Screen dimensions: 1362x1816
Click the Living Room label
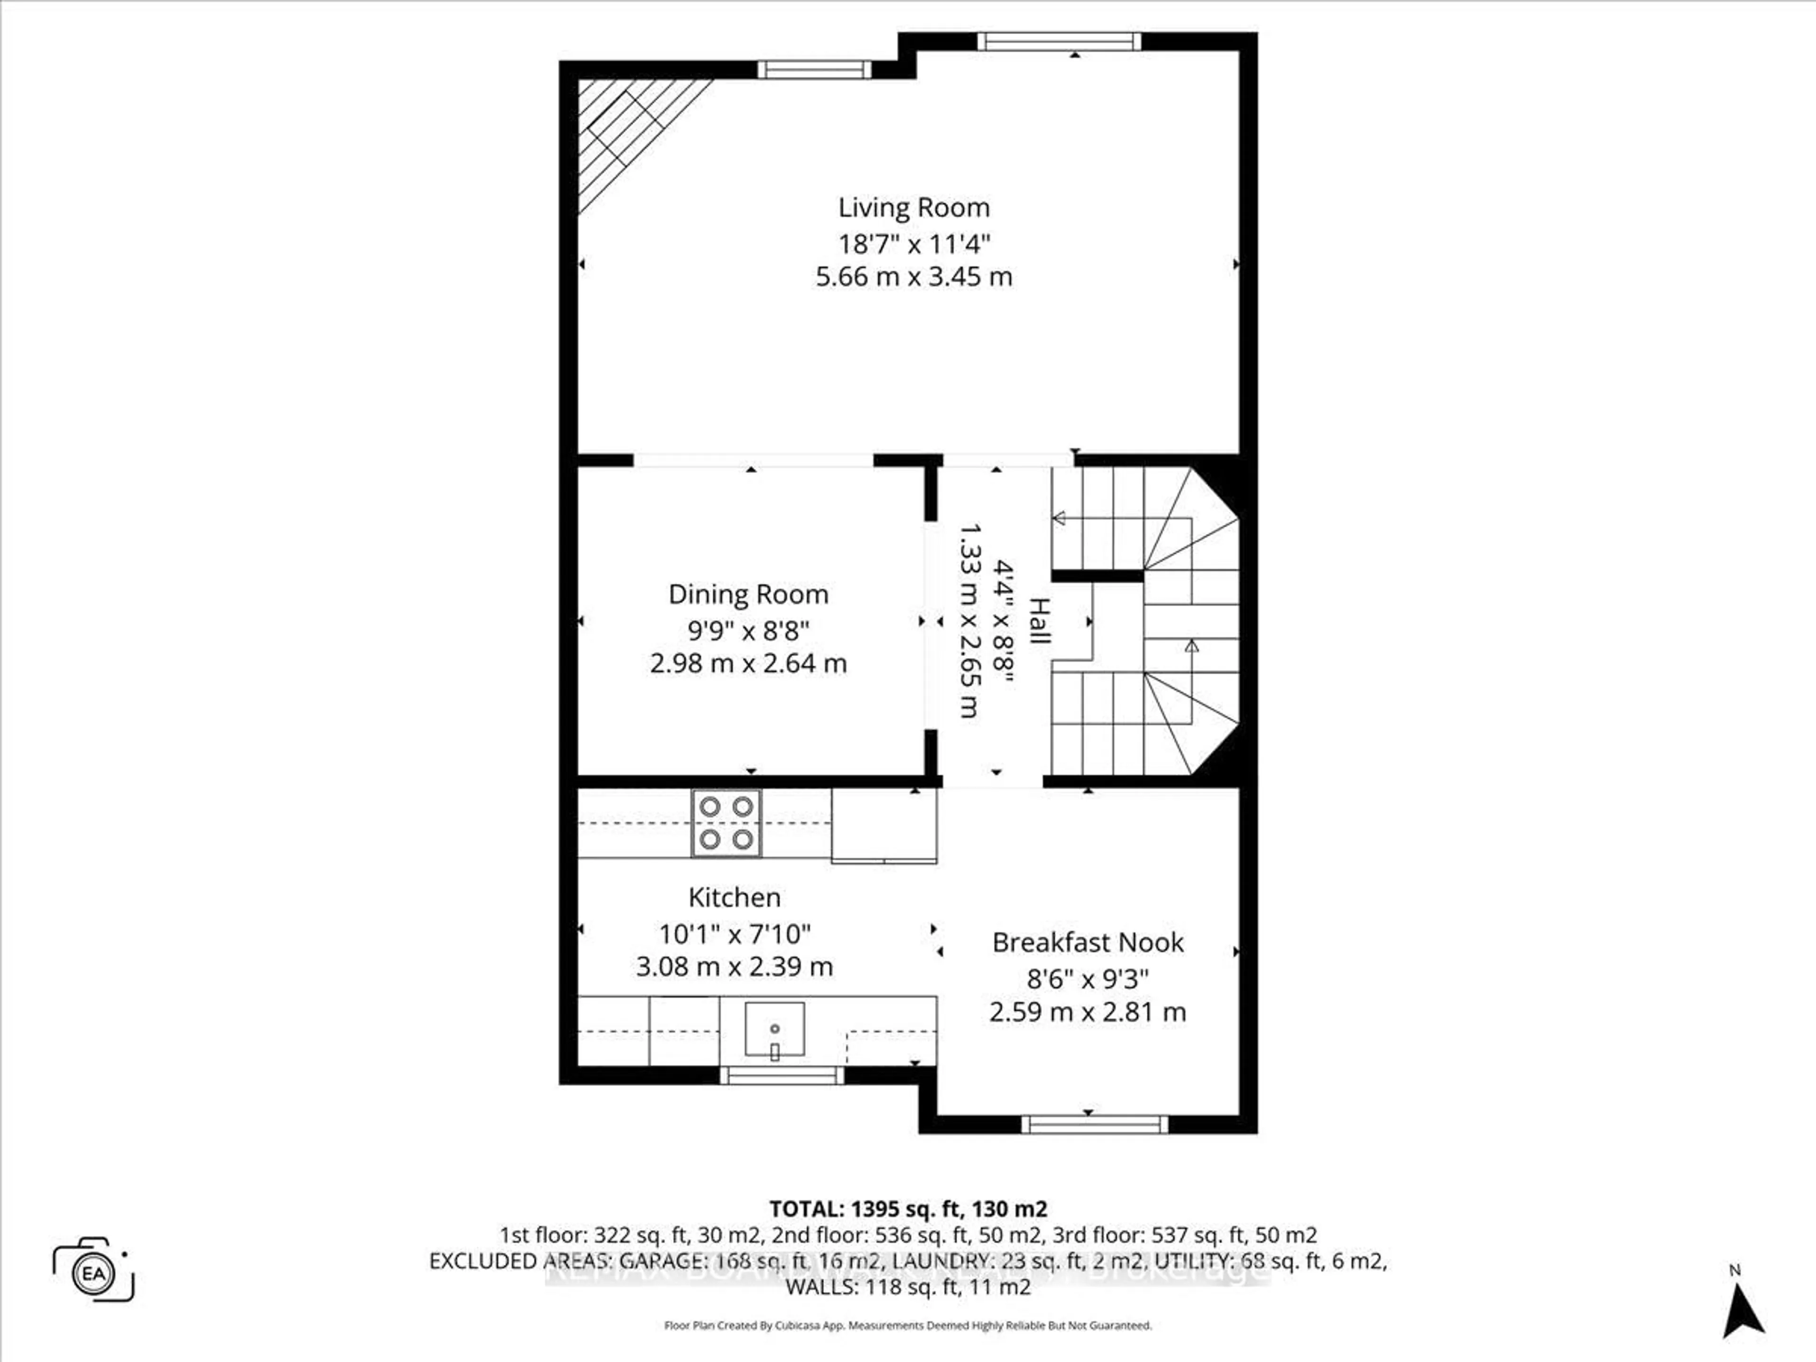click(914, 208)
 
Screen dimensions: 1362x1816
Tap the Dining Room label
click(748, 594)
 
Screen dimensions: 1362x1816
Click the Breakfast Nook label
click(1088, 943)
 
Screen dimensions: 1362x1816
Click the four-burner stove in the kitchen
click(726, 823)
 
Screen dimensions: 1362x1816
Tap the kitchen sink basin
click(774, 1029)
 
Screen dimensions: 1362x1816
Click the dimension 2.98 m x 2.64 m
click(748, 664)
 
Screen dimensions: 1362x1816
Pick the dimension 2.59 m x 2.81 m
click(1088, 1012)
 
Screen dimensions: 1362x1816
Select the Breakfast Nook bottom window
click(1094, 1124)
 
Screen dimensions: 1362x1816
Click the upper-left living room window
click(813, 70)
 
